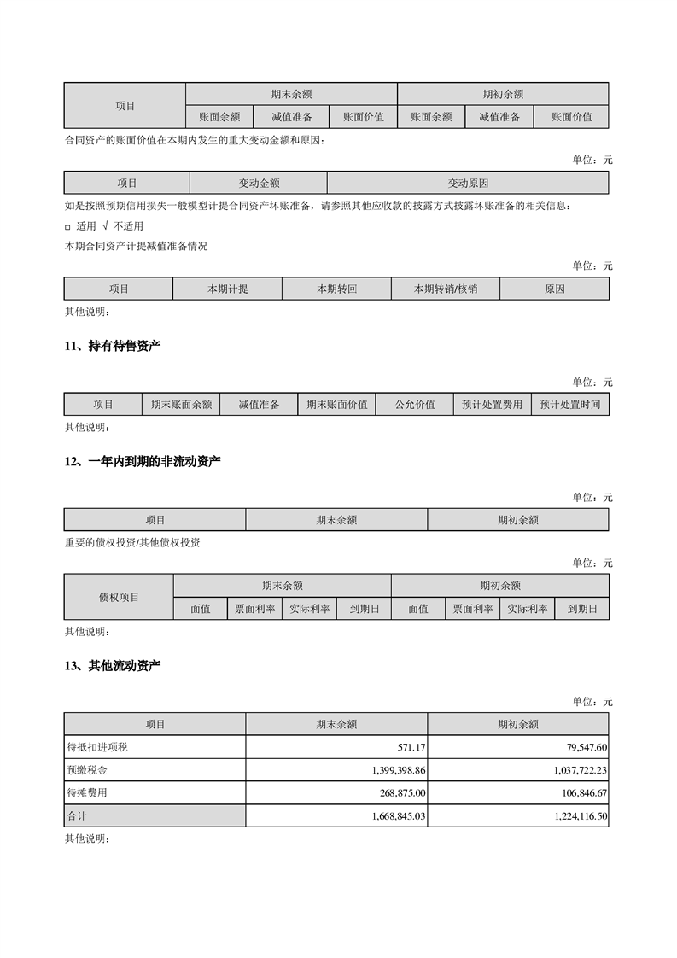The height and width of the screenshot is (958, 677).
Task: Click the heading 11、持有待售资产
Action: [113, 346]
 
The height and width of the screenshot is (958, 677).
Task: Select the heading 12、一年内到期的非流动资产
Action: [143, 461]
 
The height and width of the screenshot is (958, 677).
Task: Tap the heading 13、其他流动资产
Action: [113, 665]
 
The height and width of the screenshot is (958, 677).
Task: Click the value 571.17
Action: [411, 747]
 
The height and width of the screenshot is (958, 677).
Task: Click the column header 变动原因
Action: [468, 183]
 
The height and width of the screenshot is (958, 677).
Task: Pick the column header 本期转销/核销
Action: [445, 289]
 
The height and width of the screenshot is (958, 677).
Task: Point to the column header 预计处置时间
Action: [569, 405]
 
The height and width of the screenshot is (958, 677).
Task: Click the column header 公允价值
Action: [415, 405]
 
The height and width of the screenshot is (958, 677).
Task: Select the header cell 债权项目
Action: [119, 597]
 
